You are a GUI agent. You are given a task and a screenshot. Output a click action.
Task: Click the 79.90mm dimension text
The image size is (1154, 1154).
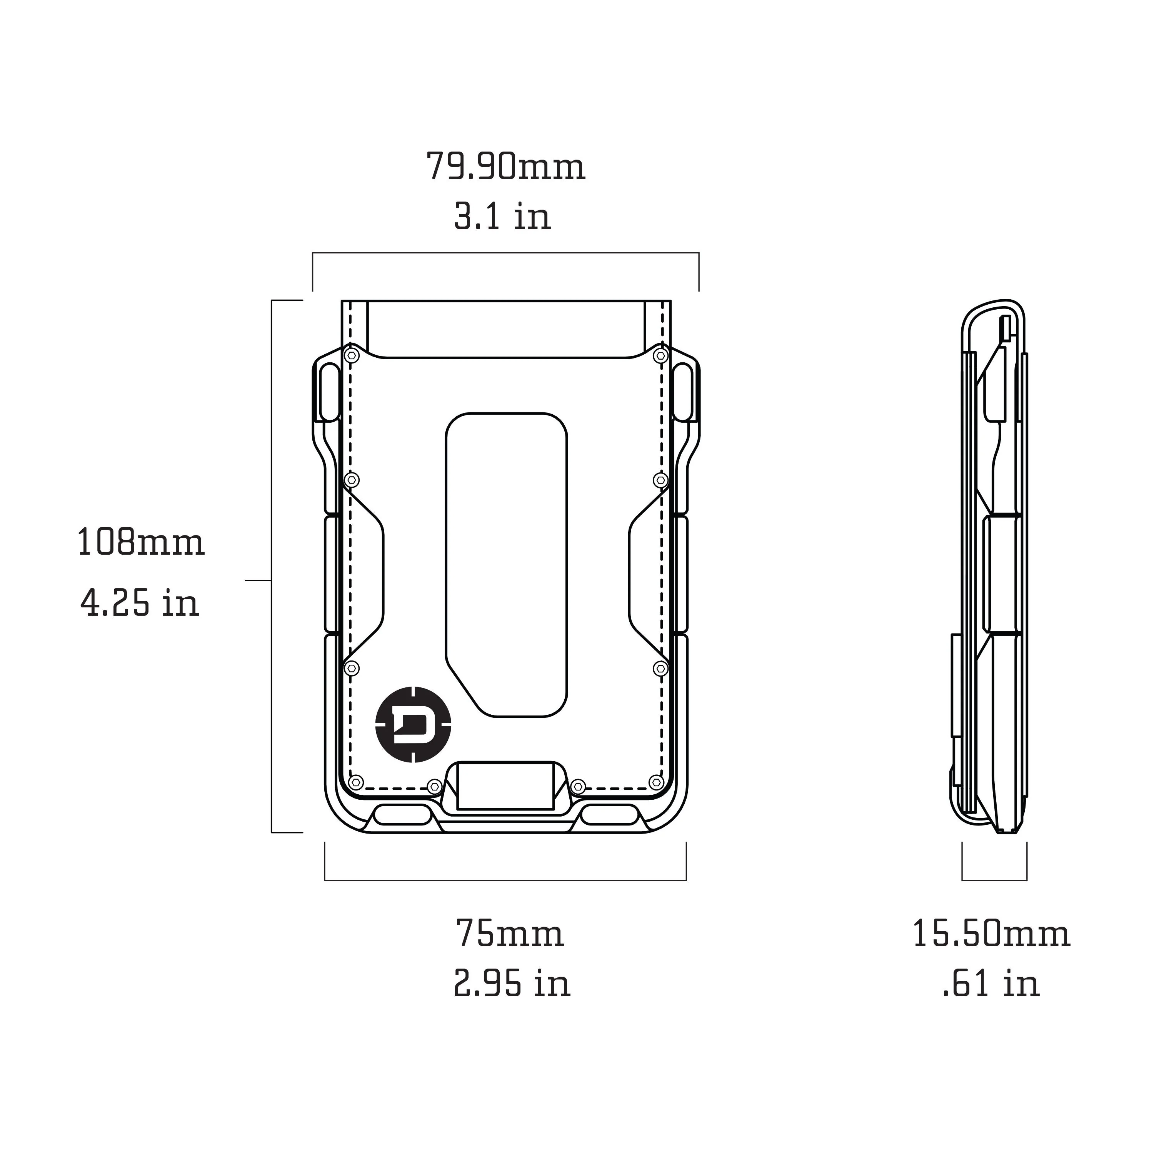[505, 167]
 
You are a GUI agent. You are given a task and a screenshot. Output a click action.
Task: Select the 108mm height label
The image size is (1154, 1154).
[141, 543]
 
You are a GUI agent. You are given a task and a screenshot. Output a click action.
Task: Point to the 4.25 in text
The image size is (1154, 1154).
[139, 603]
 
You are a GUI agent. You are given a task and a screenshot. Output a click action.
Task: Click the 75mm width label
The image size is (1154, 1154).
[510, 934]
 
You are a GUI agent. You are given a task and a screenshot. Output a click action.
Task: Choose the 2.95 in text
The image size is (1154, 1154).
[512, 983]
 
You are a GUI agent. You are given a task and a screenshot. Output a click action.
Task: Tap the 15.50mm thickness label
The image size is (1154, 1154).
[991, 934]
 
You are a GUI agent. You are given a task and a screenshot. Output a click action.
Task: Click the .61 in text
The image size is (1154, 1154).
[991, 983]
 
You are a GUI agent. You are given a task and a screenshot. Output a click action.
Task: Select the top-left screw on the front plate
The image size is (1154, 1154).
[352, 356]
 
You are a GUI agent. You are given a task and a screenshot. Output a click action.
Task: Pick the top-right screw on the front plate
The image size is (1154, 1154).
[660, 356]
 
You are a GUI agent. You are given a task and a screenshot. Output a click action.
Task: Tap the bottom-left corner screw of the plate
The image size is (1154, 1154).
[356, 782]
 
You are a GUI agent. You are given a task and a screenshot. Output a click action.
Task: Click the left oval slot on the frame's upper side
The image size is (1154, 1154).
[329, 392]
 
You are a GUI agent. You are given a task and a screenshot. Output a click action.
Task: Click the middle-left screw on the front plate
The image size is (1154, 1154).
[352, 480]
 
